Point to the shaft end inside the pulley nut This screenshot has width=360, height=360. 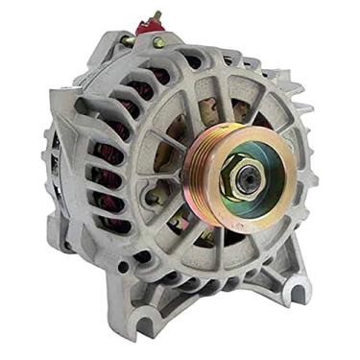click(249, 174)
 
